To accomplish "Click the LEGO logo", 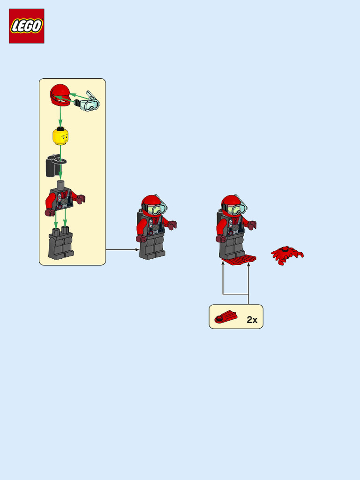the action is (27, 26).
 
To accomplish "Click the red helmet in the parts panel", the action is (60, 95).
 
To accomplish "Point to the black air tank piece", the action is (52, 166).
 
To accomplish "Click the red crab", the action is (287, 255).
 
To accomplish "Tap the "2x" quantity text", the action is (252, 320).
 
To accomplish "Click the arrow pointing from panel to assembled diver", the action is (122, 250).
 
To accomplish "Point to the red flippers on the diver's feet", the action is (239, 260).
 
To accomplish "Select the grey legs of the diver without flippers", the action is (152, 247).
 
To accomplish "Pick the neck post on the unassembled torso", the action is (60, 184).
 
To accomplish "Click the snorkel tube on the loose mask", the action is (90, 94).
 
